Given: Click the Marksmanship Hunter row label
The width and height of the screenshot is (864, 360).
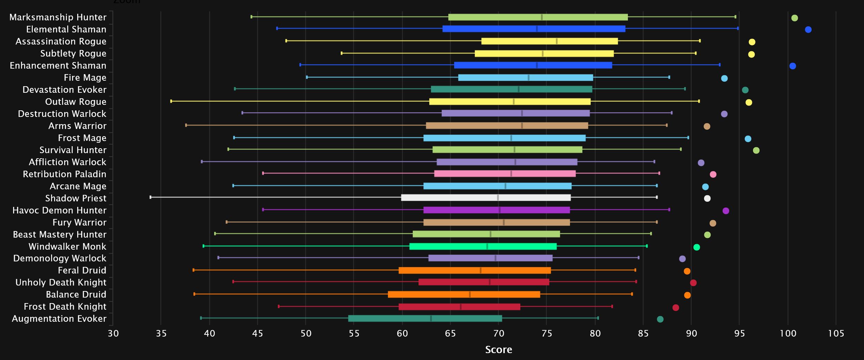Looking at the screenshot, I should pos(58,17).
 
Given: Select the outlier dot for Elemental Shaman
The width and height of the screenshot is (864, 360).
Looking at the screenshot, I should pos(808,30).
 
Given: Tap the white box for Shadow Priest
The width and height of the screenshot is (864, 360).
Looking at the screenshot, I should pos(486,198).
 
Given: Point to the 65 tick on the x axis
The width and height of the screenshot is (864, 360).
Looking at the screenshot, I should pos(450,333).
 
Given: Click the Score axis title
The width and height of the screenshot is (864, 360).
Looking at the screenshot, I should pos(499,350).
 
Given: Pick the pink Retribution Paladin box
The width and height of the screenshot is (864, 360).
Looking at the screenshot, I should pos(505,174).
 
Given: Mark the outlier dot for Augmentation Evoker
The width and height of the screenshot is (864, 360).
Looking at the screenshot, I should pos(660,319).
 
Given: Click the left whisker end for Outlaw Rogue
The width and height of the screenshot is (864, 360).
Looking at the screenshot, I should pos(171,101).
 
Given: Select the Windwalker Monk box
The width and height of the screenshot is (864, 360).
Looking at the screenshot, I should pos(483,246).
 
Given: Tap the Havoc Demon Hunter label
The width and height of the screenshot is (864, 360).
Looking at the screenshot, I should pos(59,210).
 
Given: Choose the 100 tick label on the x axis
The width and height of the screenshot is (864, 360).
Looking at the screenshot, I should pos(788,333).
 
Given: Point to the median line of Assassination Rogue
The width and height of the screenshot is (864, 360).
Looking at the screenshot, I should pos(556,41).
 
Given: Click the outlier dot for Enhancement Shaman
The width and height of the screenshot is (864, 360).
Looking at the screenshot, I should pos(793,66).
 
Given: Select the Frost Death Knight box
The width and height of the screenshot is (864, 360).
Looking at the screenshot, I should pos(459,307).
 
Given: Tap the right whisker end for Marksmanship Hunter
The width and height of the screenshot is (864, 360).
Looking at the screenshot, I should pos(735,17).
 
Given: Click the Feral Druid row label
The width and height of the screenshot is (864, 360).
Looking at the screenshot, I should pos(82,270).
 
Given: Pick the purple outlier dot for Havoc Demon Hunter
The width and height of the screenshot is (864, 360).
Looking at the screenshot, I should pos(725,211).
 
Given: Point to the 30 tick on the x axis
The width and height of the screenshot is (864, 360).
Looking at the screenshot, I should pos(113,333).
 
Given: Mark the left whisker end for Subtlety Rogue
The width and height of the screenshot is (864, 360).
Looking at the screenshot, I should pos(341,53).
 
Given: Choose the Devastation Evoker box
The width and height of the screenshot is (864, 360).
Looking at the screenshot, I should pos(511,89).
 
